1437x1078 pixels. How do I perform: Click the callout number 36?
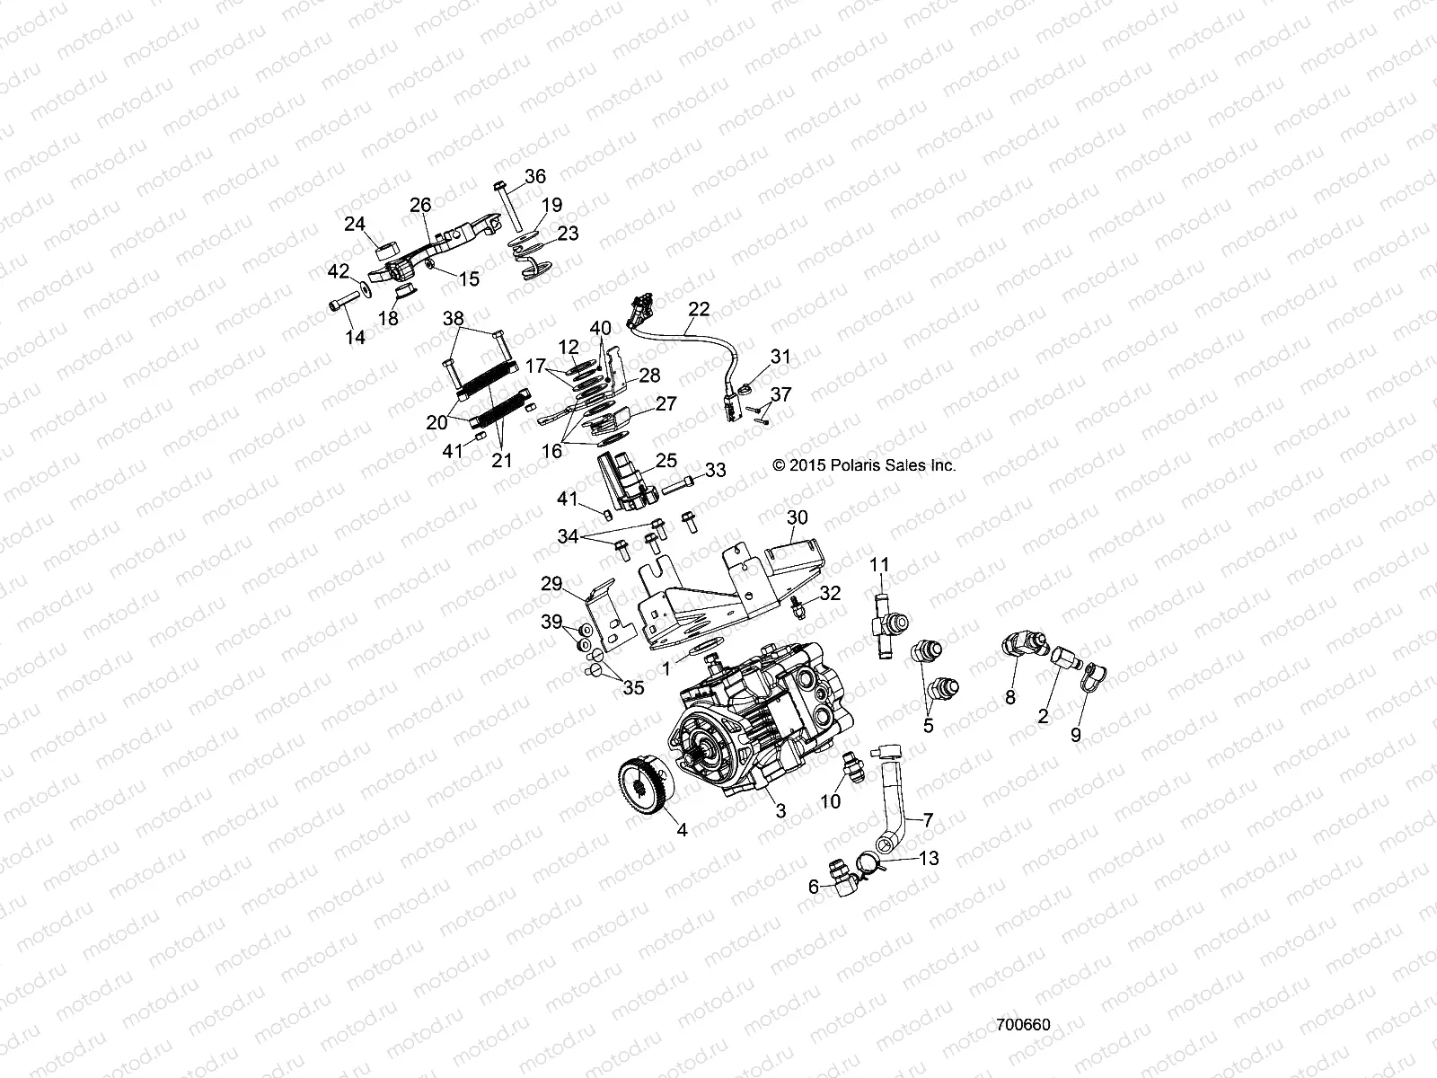tap(534, 176)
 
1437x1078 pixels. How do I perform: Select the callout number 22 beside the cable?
tap(699, 309)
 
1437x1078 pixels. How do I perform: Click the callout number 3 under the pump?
tap(780, 810)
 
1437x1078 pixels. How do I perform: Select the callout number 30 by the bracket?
tap(798, 517)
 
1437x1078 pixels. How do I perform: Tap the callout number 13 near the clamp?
tap(928, 859)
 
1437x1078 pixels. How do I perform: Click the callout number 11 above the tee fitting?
tap(879, 564)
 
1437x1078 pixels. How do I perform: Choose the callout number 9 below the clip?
tap(1076, 734)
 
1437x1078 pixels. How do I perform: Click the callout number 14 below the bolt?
tap(356, 337)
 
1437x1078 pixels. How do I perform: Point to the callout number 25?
tap(666, 461)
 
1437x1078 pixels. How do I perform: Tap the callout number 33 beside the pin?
tap(715, 470)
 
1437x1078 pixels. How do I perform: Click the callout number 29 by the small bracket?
tap(551, 584)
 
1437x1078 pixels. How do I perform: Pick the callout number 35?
tap(633, 688)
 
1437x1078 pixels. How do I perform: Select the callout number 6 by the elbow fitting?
tap(814, 886)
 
